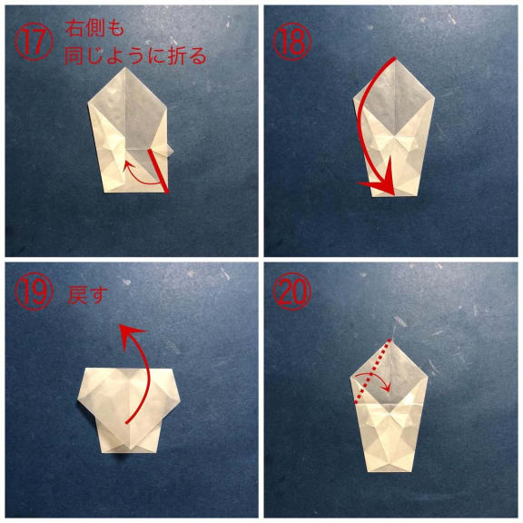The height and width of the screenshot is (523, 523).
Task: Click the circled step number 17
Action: click(x=34, y=43)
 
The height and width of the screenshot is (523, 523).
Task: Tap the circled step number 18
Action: click(x=292, y=43)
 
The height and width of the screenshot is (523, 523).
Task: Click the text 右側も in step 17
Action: click(x=95, y=28)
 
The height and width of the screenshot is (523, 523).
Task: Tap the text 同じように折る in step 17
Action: click(x=135, y=55)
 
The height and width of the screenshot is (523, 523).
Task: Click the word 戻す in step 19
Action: click(x=88, y=294)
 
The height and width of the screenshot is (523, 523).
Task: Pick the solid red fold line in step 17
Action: click(x=158, y=171)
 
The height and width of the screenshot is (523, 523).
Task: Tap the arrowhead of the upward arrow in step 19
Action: click(x=132, y=335)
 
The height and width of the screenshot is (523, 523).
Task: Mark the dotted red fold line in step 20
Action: click(x=372, y=372)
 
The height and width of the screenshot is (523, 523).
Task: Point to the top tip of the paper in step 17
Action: click(x=125, y=67)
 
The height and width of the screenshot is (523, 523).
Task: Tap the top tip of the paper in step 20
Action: click(x=390, y=340)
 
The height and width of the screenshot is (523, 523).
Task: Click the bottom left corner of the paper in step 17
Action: click(x=104, y=192)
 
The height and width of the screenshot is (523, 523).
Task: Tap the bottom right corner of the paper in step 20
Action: click(x=414, y=471)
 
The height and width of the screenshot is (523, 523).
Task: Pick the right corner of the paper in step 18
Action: click(x=435, y=97)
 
